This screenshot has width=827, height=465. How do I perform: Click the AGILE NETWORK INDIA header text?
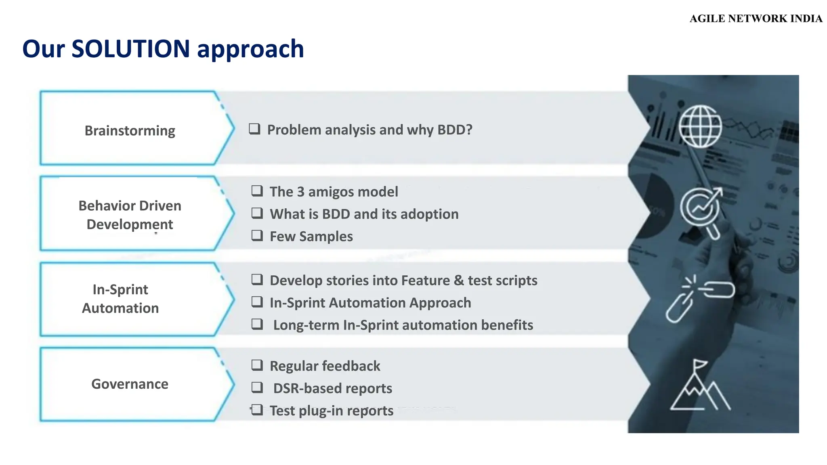click(x=756, y=19)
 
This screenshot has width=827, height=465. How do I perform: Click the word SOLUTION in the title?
click(x=130, y=49)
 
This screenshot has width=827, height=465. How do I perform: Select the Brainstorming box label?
click(x=130, y=131)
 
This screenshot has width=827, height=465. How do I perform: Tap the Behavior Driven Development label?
click(x=130, y=215)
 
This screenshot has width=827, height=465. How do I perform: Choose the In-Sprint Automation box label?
click(x=120, y=299)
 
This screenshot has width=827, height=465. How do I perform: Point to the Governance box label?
click(x=130, y=384)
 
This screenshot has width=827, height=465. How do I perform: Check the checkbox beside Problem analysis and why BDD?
click(x=254, y=129)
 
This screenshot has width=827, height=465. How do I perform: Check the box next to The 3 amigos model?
click(x=257, y=191)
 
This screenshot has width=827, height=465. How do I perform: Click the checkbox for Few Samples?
click(x=257, y=235)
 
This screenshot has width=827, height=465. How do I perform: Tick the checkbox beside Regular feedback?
click(x=257, y=365)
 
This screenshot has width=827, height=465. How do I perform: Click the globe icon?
click(x=700, y=126)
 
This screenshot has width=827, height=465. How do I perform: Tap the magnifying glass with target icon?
click(x=701, y=211)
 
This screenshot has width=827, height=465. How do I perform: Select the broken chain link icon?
click(x=699, y=299)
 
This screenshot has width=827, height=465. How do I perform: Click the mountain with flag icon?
click(x=699, y=386)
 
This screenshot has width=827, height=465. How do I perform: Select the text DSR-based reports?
click(x=332, y=388)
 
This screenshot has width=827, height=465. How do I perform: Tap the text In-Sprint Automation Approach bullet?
click(x=370, y=303)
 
